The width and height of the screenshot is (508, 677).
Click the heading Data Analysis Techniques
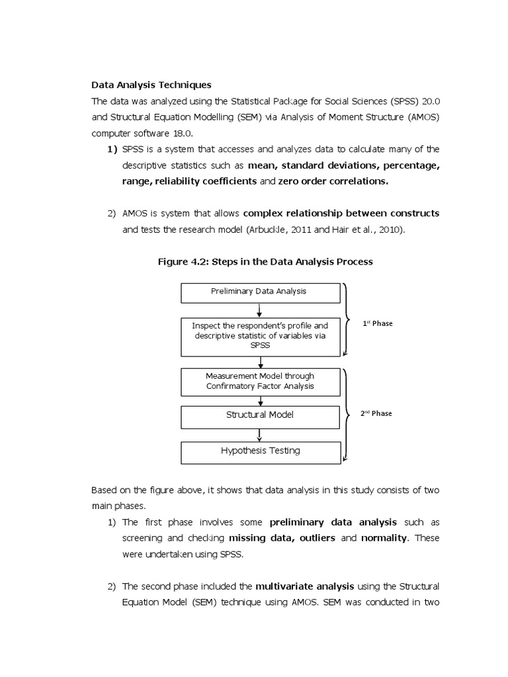coord(151,85)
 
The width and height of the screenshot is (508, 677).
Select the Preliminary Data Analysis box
coord(259,291)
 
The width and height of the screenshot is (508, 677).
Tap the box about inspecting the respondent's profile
coord(260,335)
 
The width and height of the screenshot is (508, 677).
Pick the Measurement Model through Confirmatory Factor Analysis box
coord(260,381)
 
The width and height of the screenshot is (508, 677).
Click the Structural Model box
coord(260,415)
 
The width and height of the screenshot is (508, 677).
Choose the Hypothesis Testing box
coord(260,451)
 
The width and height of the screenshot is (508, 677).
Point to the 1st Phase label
coord(377,324)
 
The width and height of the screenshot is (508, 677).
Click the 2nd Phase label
coord(376,413)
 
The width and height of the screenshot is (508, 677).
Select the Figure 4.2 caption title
coord(265,262)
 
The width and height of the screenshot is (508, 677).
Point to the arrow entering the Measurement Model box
coord(261,362)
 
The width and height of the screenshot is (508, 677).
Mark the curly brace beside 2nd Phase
coord(347,413)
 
